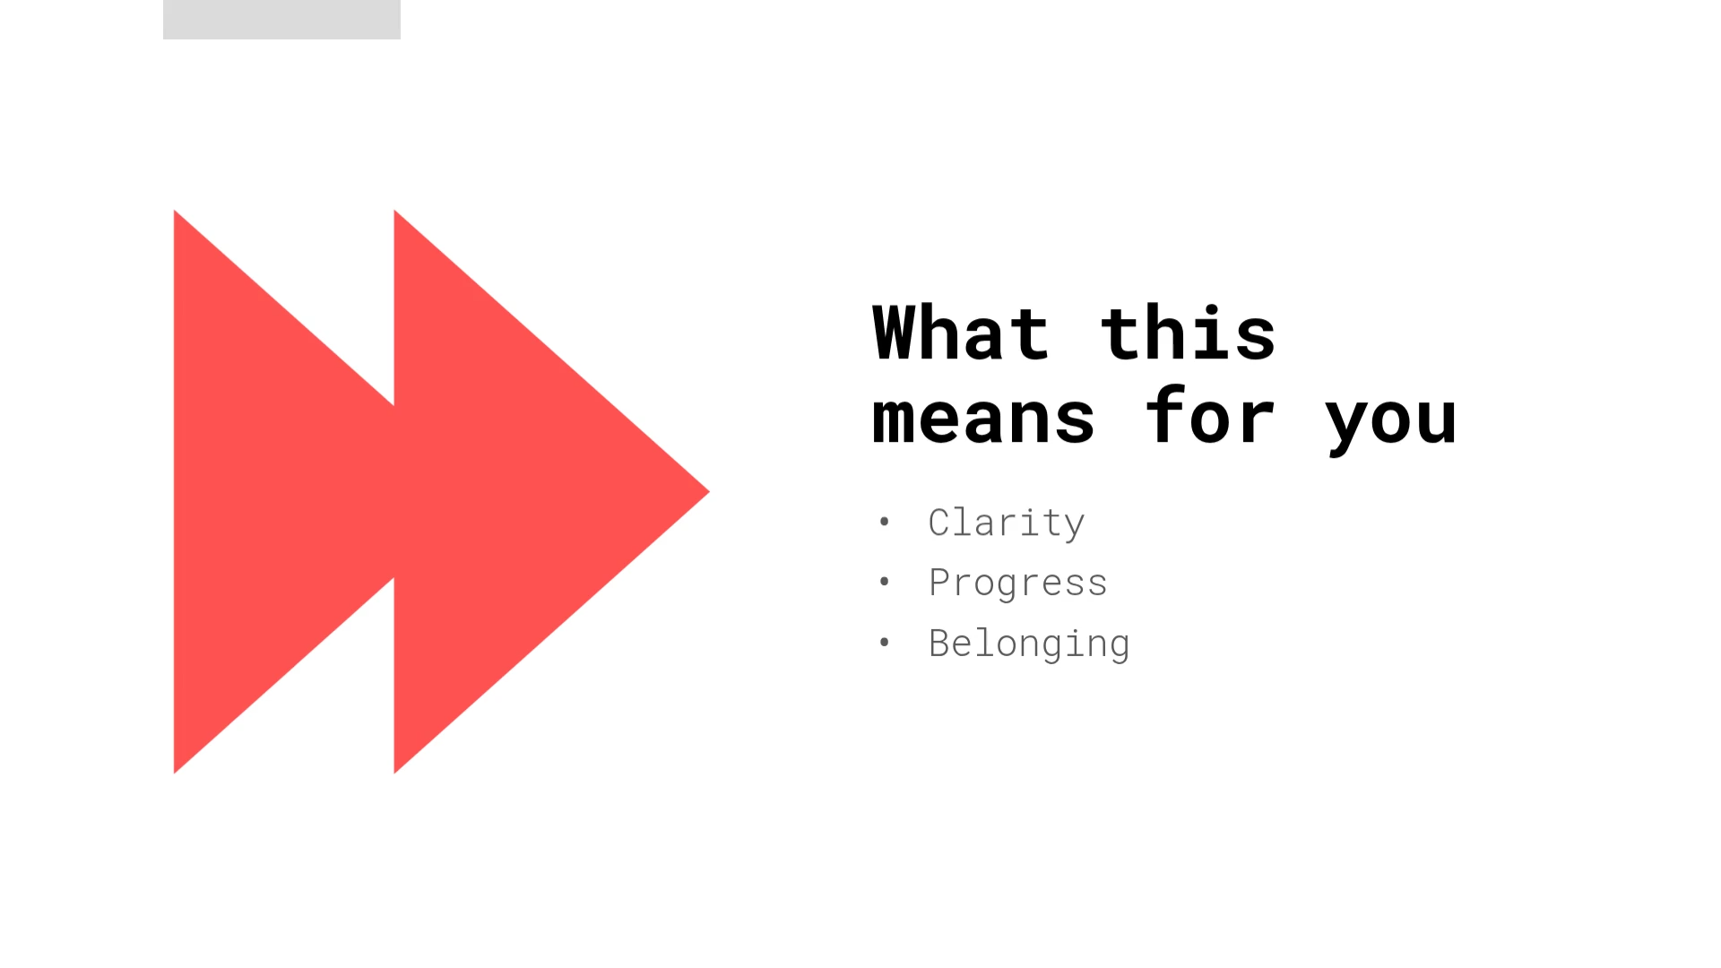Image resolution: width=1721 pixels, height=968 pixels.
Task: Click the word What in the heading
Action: pos(961,333)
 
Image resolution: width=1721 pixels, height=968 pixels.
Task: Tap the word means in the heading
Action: pos(983,418)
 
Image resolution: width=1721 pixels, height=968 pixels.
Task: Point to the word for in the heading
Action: pos(1210,415)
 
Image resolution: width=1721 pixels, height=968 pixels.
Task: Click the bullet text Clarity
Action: pos(1007,523)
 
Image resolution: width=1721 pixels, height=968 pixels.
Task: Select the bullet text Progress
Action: pos(1018,583)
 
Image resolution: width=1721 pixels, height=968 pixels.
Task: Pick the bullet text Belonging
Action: pos(1029,644)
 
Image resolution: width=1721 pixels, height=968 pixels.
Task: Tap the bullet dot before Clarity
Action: pos(885,521)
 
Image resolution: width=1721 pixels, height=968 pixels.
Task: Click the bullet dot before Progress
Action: pos(885,582)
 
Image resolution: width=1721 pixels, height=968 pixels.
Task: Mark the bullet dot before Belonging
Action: pos(885,642)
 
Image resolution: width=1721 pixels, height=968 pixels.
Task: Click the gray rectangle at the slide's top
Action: pos(281,20)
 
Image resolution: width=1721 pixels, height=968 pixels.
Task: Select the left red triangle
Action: pos(269,491)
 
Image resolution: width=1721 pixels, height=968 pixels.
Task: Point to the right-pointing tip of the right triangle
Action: pos(710,491)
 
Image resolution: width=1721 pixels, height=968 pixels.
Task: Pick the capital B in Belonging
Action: pos(939,644)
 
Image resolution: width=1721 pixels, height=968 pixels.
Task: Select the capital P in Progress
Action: pos(939,583)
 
